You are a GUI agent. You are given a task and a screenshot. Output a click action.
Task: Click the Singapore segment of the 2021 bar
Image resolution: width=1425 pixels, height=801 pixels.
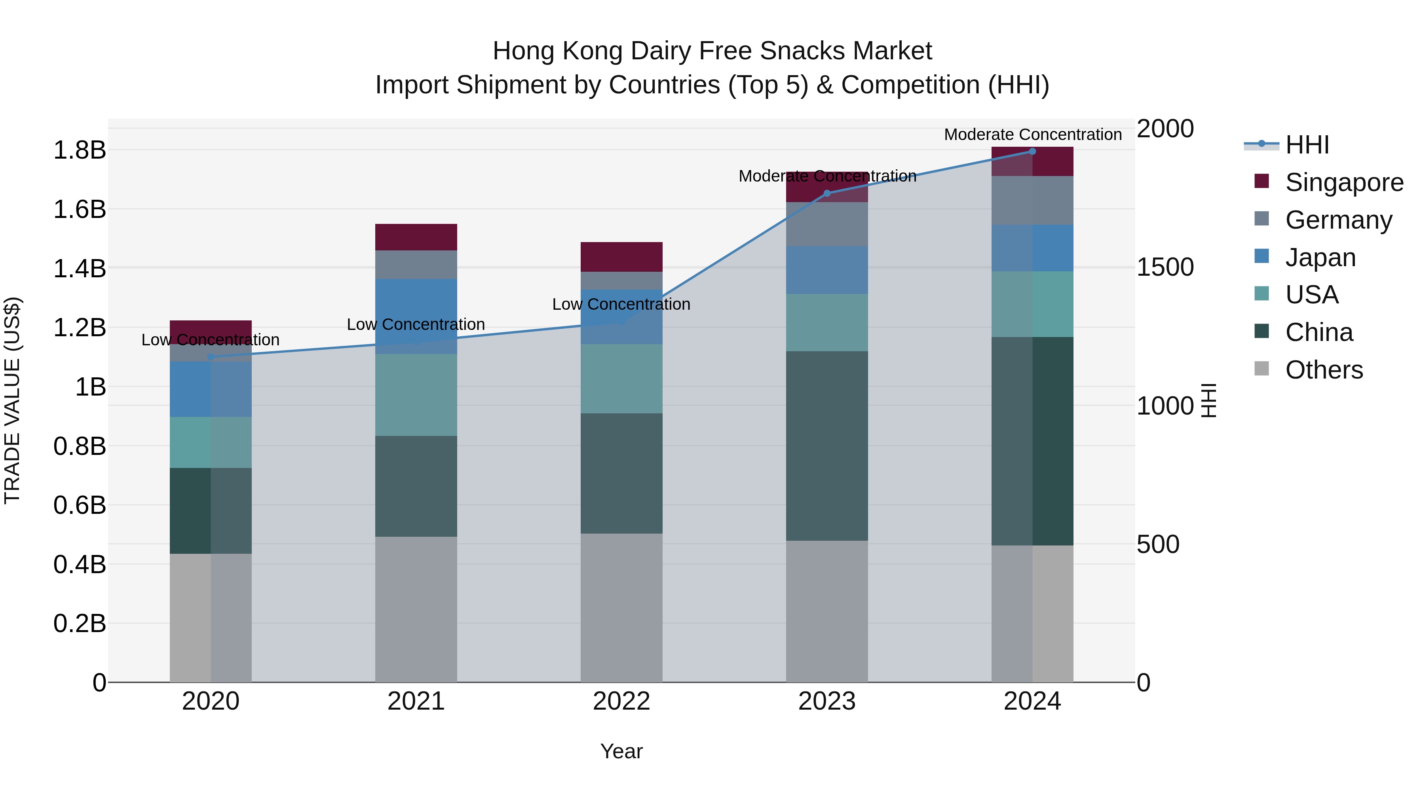pyautogui.click(x=416, y=237)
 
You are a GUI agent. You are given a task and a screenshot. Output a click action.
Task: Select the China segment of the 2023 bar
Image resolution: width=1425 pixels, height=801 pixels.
pyautogui.click(x=826, y=445)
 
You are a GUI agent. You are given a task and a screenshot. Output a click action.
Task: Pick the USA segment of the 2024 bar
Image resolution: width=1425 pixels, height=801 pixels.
pyautogui.click(x=1032, y=304)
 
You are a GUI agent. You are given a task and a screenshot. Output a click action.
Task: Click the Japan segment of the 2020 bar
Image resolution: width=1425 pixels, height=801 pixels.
pyautogui.click(x=210, y=389)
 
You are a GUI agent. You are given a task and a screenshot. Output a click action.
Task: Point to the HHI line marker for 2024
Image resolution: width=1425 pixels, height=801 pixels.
pyautogui.click(x=1032, y=151)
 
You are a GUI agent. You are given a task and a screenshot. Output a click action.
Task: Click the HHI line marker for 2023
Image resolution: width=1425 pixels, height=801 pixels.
pyautogui.click(x=827, y=193)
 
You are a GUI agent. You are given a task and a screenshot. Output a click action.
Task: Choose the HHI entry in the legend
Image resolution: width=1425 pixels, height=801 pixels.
pyautogui.click(x=1307, y=145)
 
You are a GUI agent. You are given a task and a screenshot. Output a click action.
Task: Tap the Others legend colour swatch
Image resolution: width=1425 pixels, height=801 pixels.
pyautogui.click(x=1262, y=368)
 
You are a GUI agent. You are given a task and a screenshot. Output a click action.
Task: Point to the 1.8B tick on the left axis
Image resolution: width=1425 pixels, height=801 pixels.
pyautogui.click(x=79, y=150)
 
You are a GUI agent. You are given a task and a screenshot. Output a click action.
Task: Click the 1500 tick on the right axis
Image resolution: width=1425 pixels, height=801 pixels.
pyautogui.click(x=1165, y=267)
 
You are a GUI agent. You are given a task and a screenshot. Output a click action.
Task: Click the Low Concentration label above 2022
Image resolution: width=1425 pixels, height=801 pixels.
pyautogui.click(x=621, y=305)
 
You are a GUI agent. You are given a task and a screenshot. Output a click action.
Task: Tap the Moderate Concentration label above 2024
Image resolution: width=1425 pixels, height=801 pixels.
pyautogui.click(x=1032, y=135)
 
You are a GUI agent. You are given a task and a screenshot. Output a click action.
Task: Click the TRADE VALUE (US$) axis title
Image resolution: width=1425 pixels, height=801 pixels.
pyautogui.click(x=12, y=400)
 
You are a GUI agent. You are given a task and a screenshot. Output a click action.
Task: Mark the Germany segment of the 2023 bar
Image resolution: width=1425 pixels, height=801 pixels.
pyautogui.click(x=826, y=224)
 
